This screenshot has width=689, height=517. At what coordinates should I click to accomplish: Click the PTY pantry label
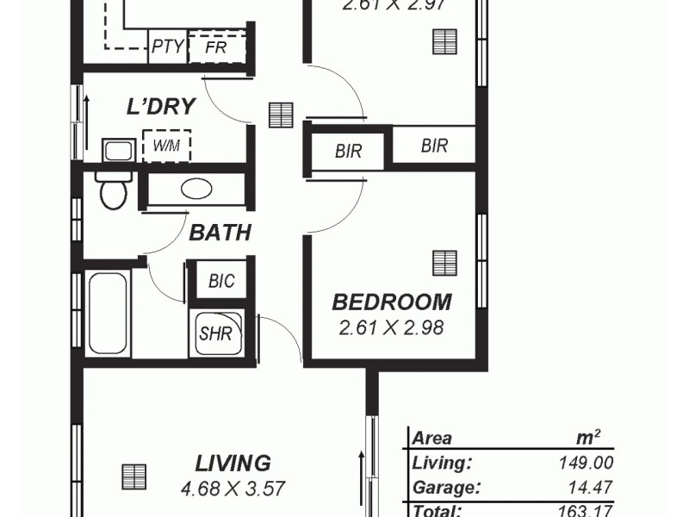pyautogui.click(x=167, y=47)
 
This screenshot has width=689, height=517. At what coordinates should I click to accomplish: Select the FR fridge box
pyautogui.click(x=216, y=47)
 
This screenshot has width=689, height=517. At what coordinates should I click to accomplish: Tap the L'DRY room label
pyautogui.click(x=161, y=106)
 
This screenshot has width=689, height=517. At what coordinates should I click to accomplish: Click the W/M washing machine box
pyautogui.click(x=166, y=146)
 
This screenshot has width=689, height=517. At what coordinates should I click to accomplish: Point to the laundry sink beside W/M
pyautogui.click(x=118, y=150)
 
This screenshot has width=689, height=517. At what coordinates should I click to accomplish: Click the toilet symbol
pyautogui.click(x=113, y=190)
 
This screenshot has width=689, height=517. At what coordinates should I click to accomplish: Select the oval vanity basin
pyautogui.click(x=197, y=189)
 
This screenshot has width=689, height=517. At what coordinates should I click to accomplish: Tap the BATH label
pyautogui.click(x=220, y=232)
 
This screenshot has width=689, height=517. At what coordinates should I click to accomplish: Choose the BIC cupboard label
pyautogui.click(x=221, y=280)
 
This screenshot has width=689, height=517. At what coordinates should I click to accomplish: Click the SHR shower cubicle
pyautogui.click(x=216, y=333)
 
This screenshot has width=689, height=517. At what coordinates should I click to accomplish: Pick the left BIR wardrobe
pyautogui.click(x=348, y=152)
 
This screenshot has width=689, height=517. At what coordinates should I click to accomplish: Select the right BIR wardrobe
pyautogui.click(x=434, y=146)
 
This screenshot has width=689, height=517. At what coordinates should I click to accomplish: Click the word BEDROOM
pyautogui.click(x=392, y=302)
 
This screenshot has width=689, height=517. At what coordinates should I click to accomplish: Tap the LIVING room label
pyautogui.click(x=233, y=463)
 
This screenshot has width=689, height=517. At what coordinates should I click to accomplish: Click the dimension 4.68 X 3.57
pyautogui.click(x=233, y=489)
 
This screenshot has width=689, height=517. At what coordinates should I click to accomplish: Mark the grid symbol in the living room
pyautogui.click(x=133, y=476)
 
